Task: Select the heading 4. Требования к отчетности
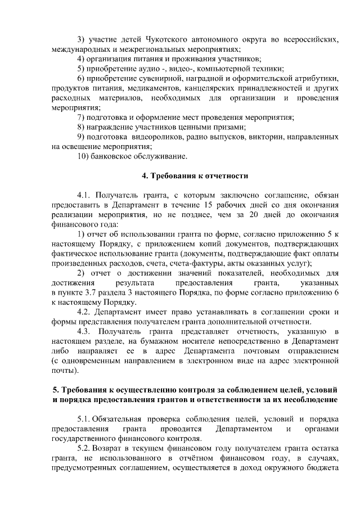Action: coord(195,175)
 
